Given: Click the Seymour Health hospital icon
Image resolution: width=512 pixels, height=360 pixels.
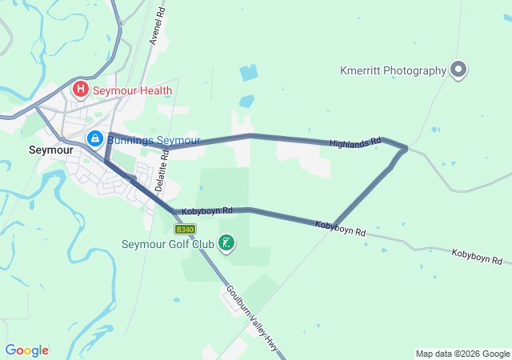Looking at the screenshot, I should pos(81,90).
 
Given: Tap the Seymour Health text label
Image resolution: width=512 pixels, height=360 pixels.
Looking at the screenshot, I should pos(133,90).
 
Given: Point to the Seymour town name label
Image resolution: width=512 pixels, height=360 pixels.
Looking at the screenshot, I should pos(51,150).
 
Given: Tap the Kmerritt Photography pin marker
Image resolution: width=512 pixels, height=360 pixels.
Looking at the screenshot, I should pos(458,70).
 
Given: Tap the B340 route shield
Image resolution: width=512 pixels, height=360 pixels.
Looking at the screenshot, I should pos(185,229).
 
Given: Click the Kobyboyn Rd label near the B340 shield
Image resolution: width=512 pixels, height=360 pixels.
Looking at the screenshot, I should pos(206,211).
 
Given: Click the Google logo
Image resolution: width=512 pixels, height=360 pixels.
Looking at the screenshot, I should pos(26,350).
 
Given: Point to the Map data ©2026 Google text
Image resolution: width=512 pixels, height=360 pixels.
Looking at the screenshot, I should pos(462,354).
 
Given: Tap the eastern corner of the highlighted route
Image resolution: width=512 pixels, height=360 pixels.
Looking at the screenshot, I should pos(406,148).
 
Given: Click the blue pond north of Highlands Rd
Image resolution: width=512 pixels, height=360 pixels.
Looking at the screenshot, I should pos(249,74).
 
